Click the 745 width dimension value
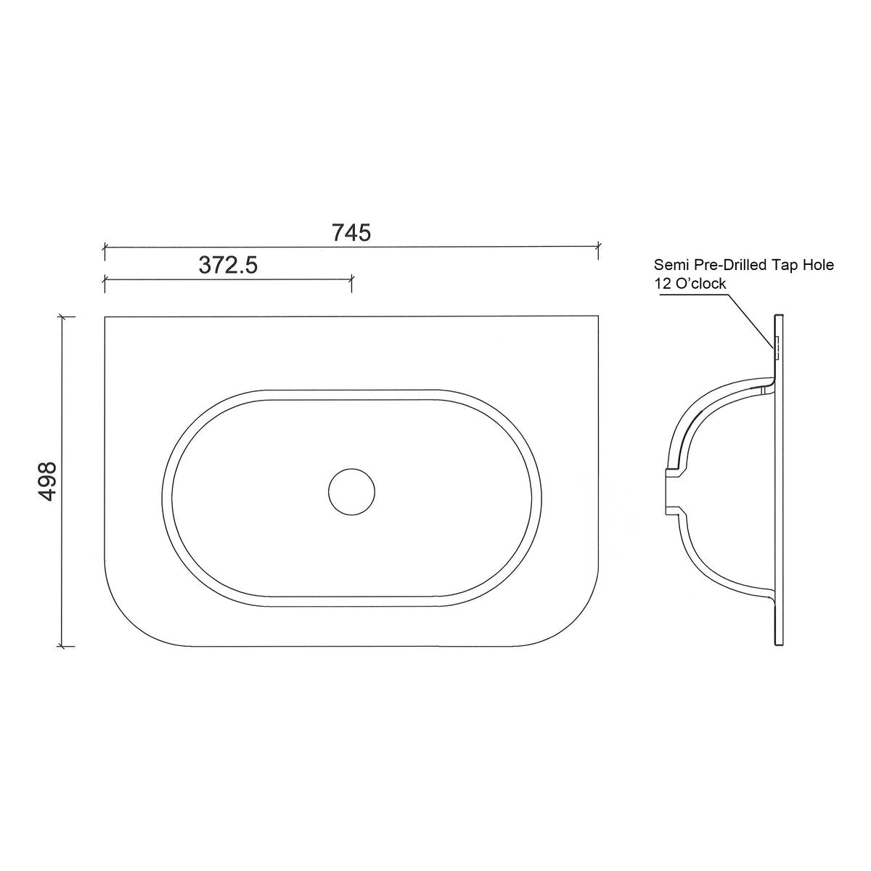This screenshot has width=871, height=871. tap(351, 233)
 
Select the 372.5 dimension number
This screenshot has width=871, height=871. tap(228, 266)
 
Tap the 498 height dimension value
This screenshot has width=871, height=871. tap(47, 481)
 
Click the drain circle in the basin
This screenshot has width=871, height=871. tap(351, 492)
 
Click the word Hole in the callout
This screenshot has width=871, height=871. tap(819, 264)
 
